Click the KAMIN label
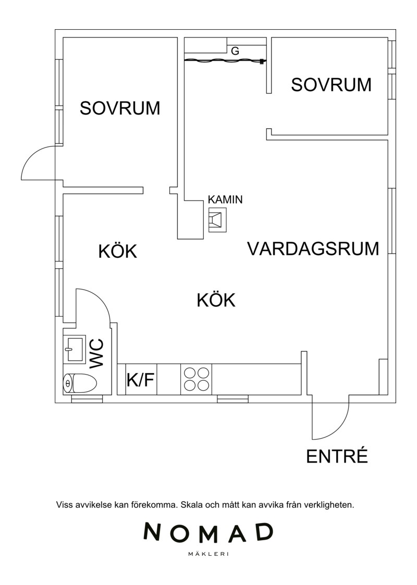click(x=225, y=199)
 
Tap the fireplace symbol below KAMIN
click(x=217, y=220)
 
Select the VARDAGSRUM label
click(x=313, y=248)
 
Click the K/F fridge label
click(x=141, y=380)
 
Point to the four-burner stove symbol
click(x=197, y=379)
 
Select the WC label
click(x=96, y=354)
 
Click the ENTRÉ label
click(x=337, y=456)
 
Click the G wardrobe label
click(x=235, y=51)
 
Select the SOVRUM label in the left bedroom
click(x=120, y=108)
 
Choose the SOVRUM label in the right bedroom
click(x=331, y=85)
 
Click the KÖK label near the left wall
click(x=118, y=251)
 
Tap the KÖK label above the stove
click(x=216, y=300)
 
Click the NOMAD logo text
click(x=208, y=532)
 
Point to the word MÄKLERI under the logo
click(x=208, y=554)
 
